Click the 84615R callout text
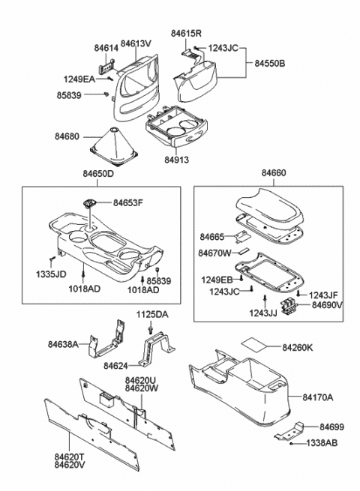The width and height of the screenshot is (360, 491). (186, 34)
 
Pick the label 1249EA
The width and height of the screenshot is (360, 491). (79, 78)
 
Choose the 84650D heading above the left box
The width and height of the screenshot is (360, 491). (98, 174)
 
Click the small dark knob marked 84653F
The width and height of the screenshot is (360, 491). (90, 202)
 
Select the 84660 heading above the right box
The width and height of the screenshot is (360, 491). (274, 173)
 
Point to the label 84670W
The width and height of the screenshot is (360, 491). (216, 253)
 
